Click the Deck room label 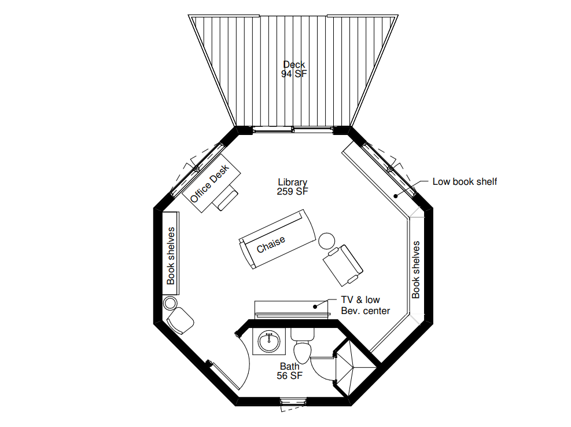(294, 64)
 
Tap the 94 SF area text (294, 74)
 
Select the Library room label (292, 182)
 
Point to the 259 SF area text (292, 191)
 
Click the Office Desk (209, 182)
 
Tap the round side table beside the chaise (326, 240)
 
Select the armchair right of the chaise (342, 265)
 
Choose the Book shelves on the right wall (416, 269)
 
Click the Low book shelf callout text (465, 182)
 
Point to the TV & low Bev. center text (365, 305)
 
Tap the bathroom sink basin (268, 342)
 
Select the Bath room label (290, 366)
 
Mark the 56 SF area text (290, 375)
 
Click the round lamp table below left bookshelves (170, 302)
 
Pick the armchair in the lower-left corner (180, 320)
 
